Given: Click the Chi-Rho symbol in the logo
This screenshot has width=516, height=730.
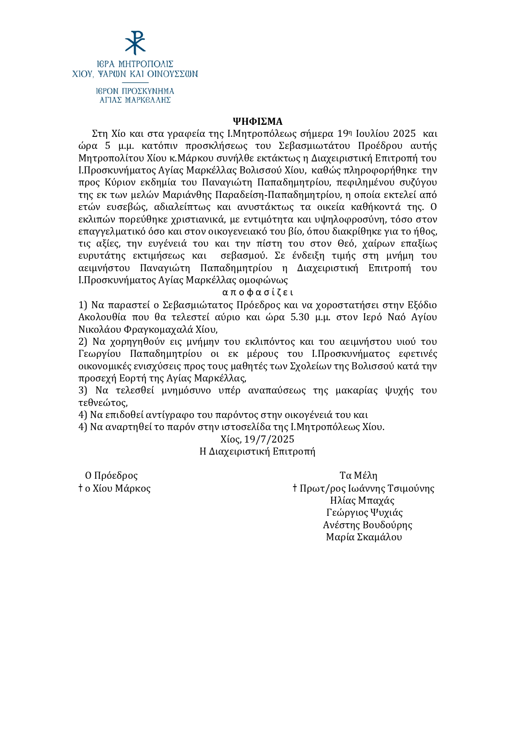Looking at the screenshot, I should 135,42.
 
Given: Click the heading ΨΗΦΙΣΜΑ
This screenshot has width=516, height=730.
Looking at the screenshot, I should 258,121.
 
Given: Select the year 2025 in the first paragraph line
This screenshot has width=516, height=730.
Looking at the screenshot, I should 404,134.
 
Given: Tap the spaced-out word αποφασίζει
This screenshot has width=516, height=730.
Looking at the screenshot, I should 258,292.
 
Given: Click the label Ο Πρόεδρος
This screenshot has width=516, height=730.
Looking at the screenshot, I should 111,475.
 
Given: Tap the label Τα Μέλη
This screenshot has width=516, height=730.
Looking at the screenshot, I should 358,475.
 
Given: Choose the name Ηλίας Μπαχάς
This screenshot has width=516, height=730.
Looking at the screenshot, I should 362,500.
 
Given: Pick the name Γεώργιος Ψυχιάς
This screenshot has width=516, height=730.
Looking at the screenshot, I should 365,512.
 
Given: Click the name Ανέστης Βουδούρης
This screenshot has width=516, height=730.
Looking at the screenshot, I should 367,525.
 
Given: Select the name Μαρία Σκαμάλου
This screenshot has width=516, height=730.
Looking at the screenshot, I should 364,537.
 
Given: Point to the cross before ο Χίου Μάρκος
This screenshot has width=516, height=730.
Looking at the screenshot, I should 81,488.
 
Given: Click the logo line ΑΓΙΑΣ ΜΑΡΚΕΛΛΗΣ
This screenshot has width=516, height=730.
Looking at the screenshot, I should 135,100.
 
